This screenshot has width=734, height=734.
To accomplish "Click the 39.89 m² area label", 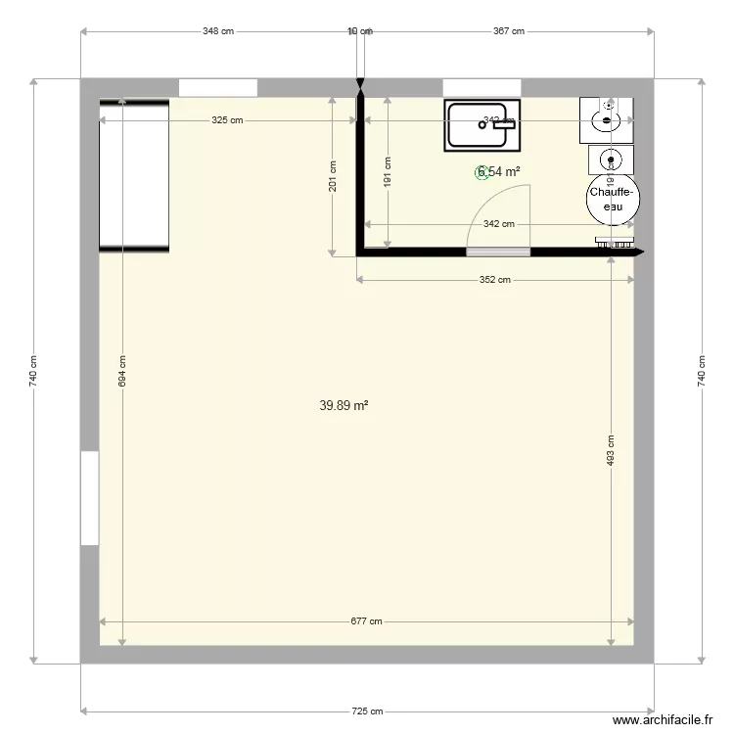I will pyautogui.click(x=344, y=405).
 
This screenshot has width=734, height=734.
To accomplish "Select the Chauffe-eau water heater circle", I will pyautogui.click(x=613, y=200).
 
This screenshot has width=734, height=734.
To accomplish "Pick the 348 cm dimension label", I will pyautogui.click(x=218, y=31).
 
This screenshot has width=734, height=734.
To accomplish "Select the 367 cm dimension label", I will pyautogui.click(x=509, y=31).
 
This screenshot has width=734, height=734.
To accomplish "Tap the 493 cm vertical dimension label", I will pyautogui.click(x=610, y=450).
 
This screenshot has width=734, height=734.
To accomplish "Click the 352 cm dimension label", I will pyautogui.click(x=495, y=281).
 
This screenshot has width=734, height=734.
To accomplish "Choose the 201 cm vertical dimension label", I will pyautogui.click(x=333, y=176).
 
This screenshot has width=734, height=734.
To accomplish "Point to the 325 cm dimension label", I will pyautogui.click(x=227, y=120).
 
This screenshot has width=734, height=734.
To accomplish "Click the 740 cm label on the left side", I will pyautogui.click(x=34, y=369).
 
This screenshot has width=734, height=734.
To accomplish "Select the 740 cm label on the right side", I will pyautogui.click(x=700, y=369).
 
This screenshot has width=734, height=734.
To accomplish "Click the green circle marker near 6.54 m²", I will pyautogui.click(x=482, y=172).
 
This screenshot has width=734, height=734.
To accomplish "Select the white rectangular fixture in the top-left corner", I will pyautogui.click(x=135, y=174).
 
